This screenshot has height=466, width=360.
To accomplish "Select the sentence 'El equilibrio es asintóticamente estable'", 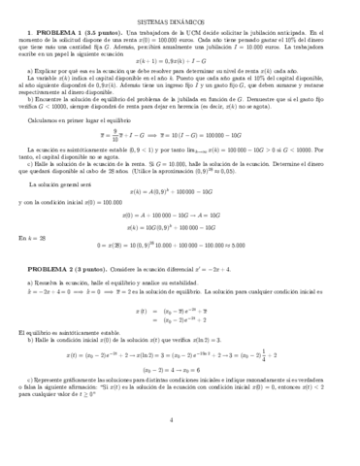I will tap(76, 385).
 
